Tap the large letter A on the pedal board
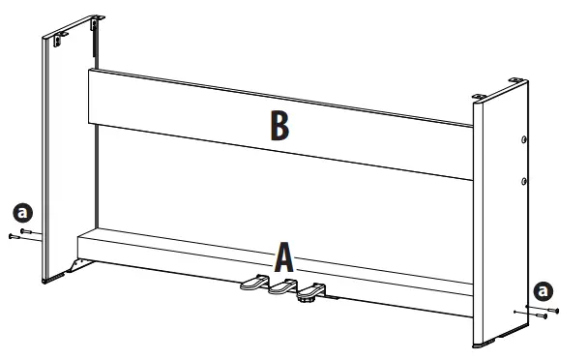284,257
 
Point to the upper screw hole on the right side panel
524,139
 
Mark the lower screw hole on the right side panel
524,180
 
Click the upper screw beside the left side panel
28,231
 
